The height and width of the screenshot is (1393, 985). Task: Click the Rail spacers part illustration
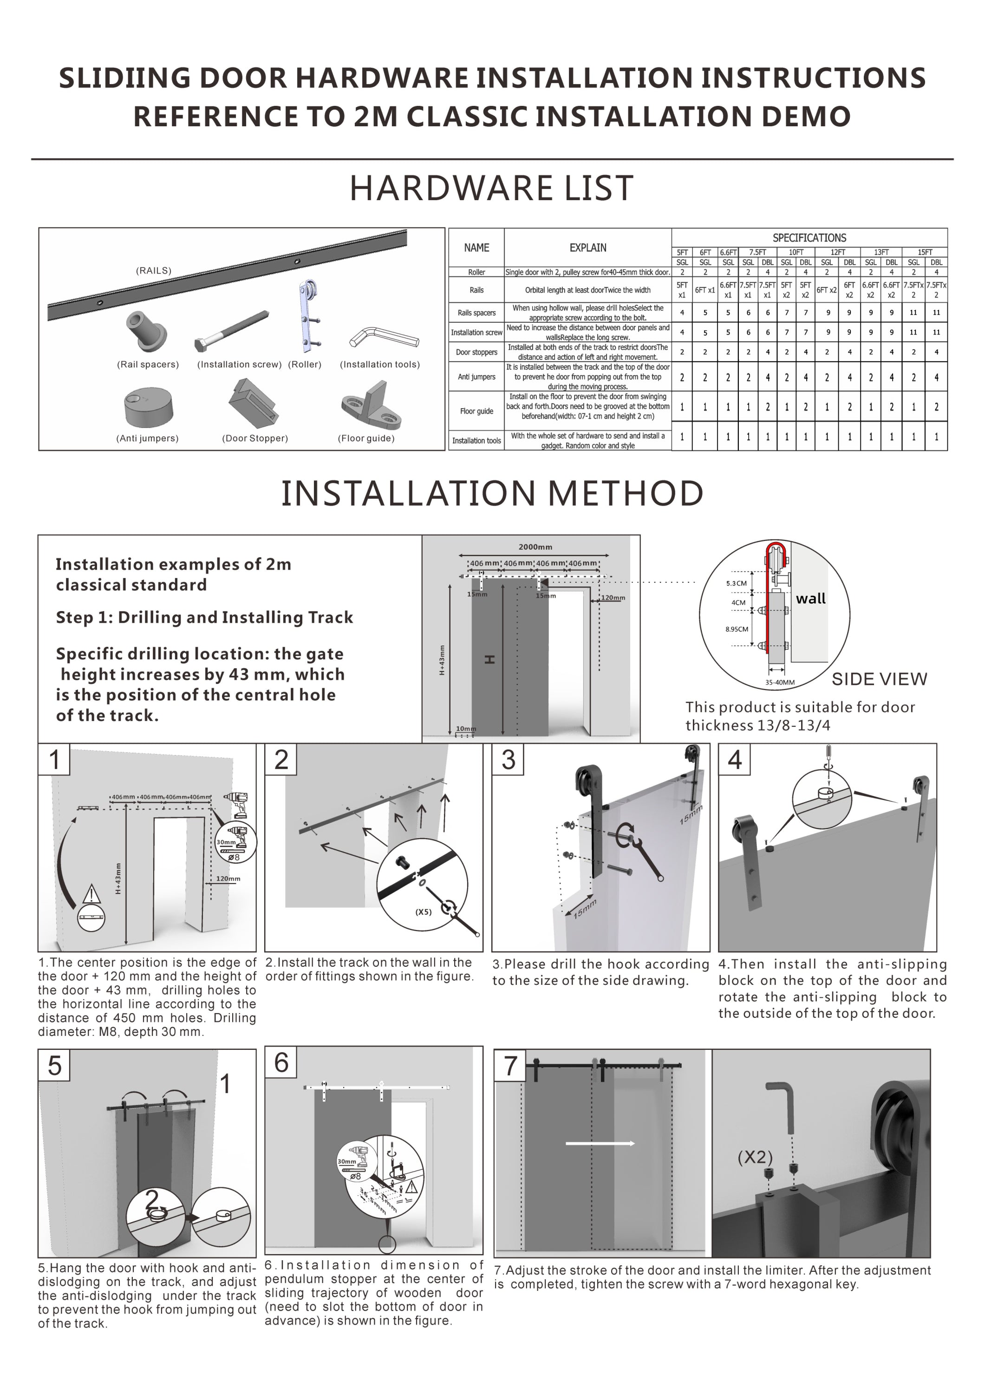(x=146, y=331)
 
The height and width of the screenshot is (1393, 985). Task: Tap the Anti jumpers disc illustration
(x=148, y=408)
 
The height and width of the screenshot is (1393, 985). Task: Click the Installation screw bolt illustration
(x=232, y=331)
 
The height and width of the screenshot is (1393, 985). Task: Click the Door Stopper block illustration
(x=254, y=402)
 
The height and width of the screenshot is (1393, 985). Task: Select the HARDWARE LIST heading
(x=492, y=188)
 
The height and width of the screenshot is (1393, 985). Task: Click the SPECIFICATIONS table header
(x=809, y=238)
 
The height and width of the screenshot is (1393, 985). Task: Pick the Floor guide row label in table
(x=476, y=411)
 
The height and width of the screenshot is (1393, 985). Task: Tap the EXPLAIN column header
(x=587, y=247)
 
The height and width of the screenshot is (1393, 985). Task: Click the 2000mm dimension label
(x=535, y=547)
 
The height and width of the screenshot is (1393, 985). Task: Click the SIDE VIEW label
(x=879, y=679)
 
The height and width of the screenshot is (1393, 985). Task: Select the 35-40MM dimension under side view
(x=779, y=682)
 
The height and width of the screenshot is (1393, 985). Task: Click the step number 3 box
(x=508, y=760)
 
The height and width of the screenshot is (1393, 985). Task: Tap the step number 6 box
(x=281, y=1062)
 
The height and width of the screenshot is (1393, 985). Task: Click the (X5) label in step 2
(x=423, y=911)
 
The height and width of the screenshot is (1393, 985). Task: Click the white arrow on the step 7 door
(x=600, y=1144)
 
